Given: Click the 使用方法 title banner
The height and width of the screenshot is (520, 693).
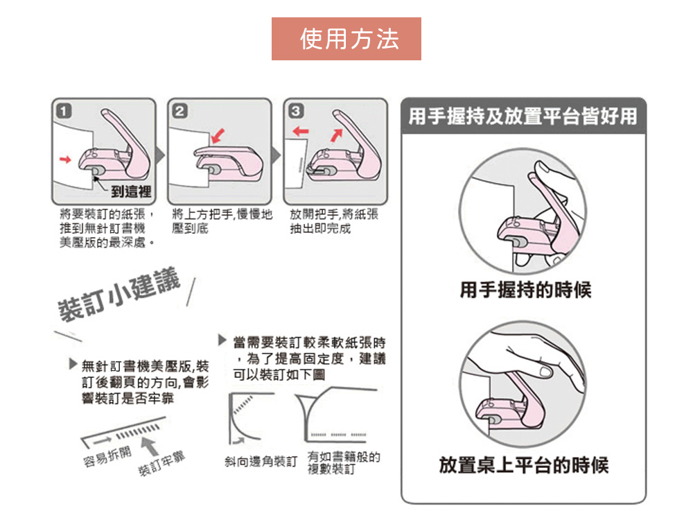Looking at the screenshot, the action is click(x=346, y=39).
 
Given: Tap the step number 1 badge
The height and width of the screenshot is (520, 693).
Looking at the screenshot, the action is click(x=64, y=110).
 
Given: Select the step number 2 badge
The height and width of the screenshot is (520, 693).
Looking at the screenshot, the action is click(x=180, y=110).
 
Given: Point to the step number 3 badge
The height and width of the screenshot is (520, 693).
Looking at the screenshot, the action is click(x=296, y=110).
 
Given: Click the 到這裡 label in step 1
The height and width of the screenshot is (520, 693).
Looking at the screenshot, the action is click(x=131, y=191).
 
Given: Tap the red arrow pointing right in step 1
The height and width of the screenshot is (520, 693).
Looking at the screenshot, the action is click(x=65, y=159).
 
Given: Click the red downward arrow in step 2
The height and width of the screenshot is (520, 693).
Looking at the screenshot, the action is click(x=218, y=136).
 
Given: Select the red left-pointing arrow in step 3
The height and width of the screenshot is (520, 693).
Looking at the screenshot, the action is click(x=301, y=131).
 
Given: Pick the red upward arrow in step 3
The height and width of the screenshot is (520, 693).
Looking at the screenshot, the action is click(x=337, y=135).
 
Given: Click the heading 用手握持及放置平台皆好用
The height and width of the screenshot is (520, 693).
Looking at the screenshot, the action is click(x=523, y=116).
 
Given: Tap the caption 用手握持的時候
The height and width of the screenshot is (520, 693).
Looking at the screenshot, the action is click(x=525, y=290).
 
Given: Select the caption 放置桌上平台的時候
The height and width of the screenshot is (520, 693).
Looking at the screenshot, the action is click(x=524, y=465).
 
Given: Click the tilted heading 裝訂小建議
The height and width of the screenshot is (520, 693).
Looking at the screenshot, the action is click(x=119, y=294).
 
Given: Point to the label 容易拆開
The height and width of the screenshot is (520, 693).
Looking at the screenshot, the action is click(x=107, y=457).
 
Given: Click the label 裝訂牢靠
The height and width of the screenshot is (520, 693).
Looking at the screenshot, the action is click(x=161, y=465).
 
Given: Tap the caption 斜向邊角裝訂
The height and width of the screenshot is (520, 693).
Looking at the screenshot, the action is click(x=261, y=462).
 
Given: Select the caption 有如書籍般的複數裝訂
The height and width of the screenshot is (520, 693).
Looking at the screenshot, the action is click(x=344, y=463).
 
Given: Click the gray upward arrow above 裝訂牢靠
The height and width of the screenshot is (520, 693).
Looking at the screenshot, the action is click(x=150, y=446).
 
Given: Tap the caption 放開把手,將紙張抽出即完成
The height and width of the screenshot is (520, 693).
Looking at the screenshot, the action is click(x=334, y=221).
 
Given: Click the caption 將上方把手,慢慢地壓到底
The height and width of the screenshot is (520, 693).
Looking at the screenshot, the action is click(x=222, y=221).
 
